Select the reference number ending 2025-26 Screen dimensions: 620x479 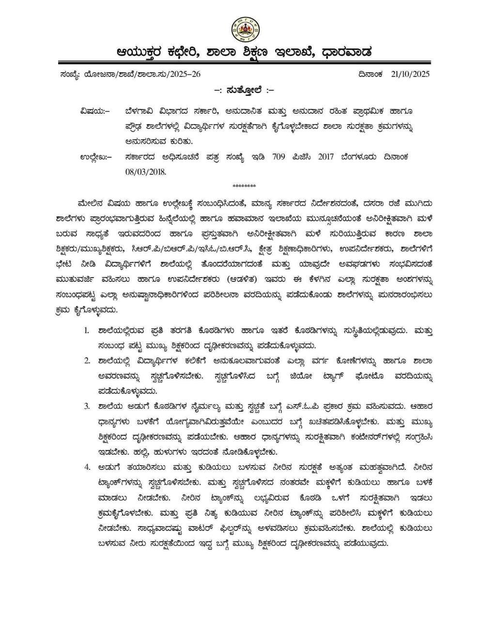142,74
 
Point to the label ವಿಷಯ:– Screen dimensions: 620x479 95,111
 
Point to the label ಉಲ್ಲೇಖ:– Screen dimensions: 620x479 95,157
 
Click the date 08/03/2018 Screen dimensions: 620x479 145,172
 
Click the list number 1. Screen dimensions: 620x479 87,331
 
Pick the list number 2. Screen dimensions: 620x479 87,361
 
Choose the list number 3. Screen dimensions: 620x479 87,406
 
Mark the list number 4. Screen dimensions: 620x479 87,467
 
